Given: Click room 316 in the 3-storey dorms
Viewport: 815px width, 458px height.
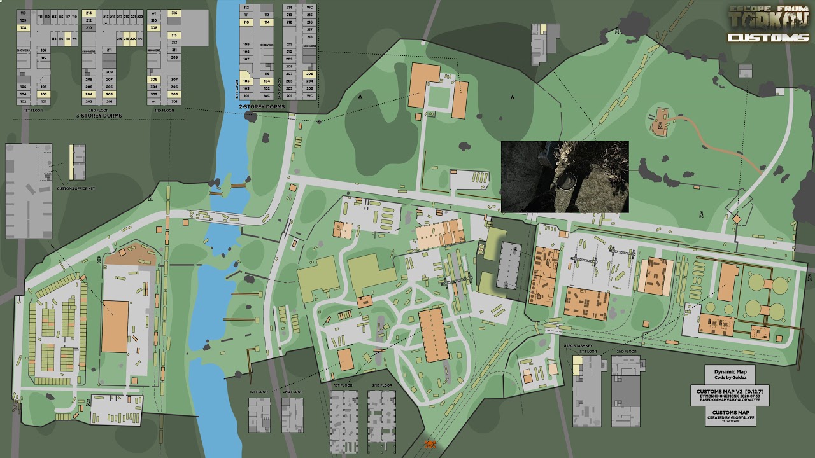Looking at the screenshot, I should click(174, 13).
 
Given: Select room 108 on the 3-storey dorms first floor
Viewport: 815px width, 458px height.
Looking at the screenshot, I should click(24, 28).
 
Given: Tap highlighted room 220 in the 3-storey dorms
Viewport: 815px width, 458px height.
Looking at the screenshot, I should click(133, 39).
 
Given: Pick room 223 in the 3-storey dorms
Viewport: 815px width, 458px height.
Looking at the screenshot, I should click(140, 16).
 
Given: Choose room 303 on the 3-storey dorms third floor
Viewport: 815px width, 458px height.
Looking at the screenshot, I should click(174, 94).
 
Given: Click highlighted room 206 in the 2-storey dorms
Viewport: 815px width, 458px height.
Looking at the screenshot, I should click(309, 74).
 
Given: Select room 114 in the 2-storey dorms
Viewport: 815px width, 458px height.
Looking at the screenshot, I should click(267, 22).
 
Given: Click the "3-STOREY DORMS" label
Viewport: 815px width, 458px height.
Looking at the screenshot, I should click(99, 116).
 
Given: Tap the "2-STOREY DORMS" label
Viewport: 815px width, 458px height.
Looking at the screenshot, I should click(262, 106).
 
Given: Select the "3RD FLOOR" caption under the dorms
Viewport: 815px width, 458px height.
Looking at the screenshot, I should click(164, 110).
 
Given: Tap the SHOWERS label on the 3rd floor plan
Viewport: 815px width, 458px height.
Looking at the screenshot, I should click(153, 50).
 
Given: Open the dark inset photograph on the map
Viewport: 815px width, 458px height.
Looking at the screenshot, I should click(565, 177).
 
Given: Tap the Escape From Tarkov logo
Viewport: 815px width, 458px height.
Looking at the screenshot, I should click(769, 17).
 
